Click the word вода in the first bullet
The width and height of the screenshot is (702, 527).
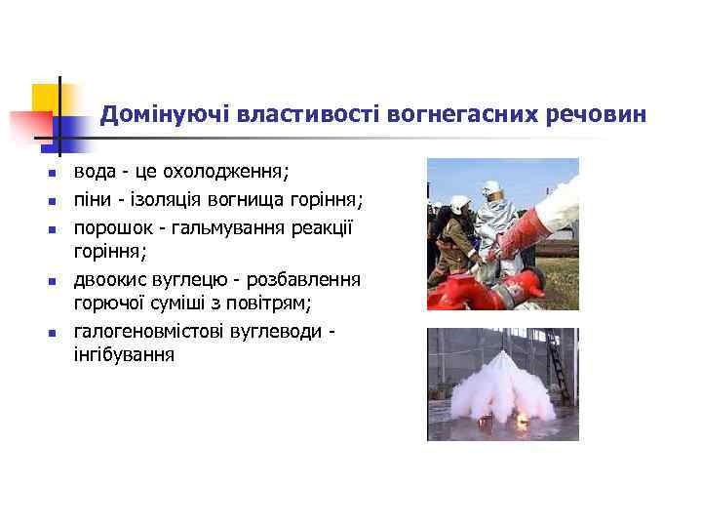coord(94,172)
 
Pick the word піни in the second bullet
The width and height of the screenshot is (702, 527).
coord(93,200)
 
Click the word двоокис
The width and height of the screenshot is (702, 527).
coord(111,280)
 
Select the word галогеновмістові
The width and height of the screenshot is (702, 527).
coord(149,332)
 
